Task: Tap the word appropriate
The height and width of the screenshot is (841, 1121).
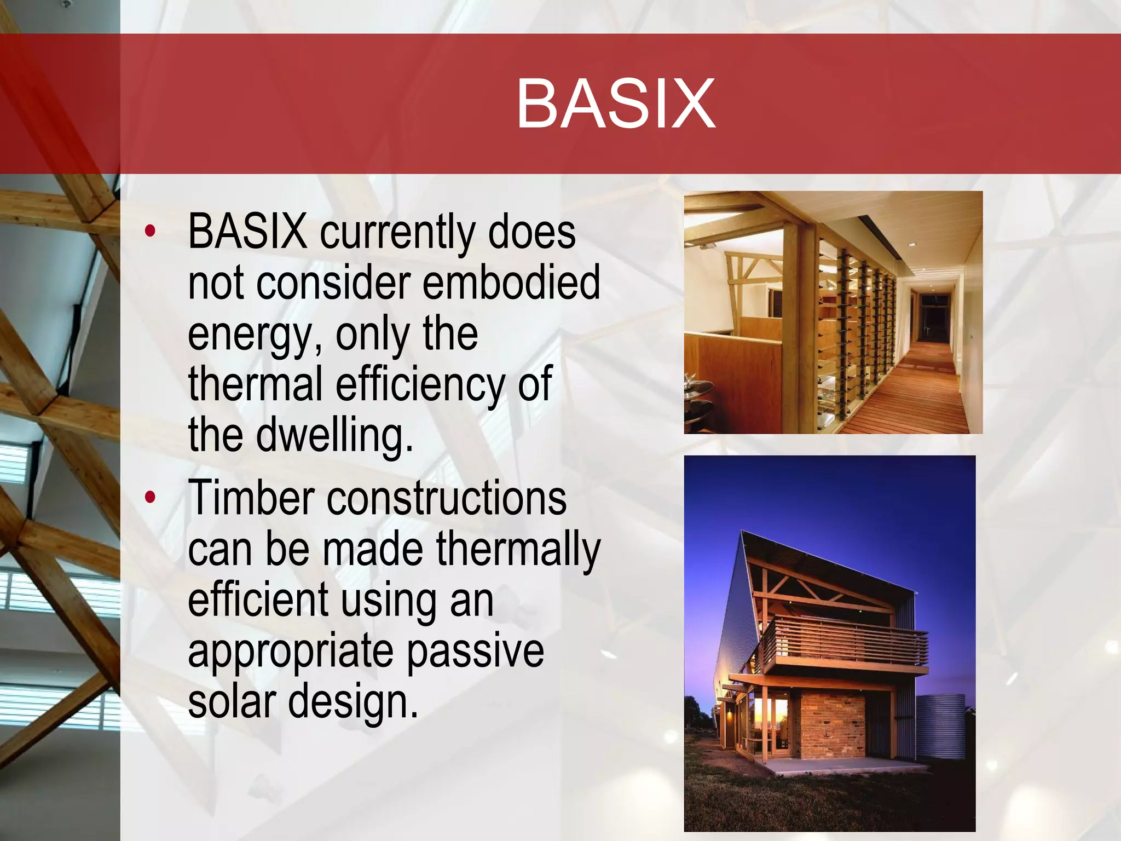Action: pos(290,652)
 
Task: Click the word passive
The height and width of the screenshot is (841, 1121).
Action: pos(475,652)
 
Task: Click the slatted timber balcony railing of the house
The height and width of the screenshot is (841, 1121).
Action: pos(846,641)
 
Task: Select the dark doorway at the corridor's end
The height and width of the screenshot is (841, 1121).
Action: pos(935,318)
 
